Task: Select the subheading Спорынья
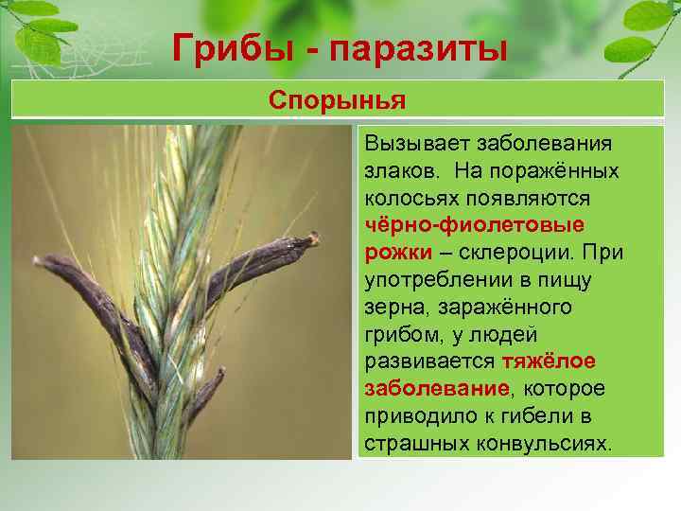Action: click(337, 99)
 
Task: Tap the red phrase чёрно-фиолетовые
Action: click(474, 227)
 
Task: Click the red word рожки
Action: click(398, 254)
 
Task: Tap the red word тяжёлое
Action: click(549, 362)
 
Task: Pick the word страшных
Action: click(410, 444)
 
